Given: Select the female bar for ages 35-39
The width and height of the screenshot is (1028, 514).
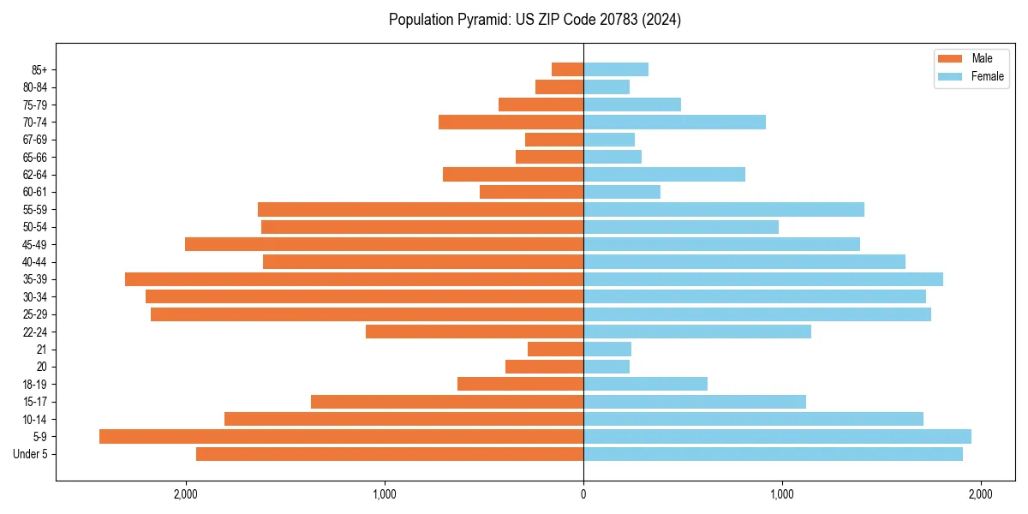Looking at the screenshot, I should tap(763, 279).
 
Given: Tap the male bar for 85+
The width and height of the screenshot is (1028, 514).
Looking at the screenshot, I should tap(567, 69).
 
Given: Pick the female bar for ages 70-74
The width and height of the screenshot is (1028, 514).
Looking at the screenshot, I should tap(674, 122).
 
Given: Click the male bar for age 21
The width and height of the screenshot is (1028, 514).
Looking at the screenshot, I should tap(555, 349).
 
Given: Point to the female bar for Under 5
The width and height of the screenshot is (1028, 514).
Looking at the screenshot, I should tap(773, 454).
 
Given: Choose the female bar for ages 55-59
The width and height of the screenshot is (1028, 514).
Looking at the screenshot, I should tap(724, 209).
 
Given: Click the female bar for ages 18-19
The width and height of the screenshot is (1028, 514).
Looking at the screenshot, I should tap(645, 384).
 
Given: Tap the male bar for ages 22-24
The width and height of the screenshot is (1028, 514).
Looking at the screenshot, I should tap(475, 332).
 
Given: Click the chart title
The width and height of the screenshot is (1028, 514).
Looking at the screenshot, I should tap(535, 20).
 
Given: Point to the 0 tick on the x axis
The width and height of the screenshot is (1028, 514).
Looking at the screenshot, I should tap(583, 494).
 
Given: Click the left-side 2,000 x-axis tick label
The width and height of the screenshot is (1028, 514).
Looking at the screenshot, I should tap(185, 494).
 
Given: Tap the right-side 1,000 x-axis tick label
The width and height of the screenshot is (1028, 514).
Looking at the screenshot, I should tap(781, 494).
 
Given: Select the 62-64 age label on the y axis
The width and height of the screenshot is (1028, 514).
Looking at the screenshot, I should tap(35, 175).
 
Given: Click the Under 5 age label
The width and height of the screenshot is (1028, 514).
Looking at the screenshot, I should tap(31, 454).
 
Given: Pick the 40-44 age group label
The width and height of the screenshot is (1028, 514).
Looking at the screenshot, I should tap(35, 262).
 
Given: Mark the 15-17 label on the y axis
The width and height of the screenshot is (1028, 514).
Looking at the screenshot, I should tap(35, 402).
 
